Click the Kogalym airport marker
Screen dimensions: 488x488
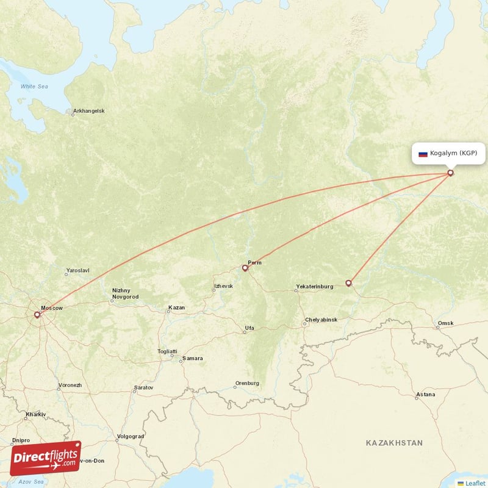pyautogui.click(x=451, y=173)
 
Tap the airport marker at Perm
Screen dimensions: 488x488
pyautogui.click(x=245, y=268)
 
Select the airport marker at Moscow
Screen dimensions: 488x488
pyautogui.click(x=37, y=315)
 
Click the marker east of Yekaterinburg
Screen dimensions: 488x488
pyautogui.click(x=348, y=283)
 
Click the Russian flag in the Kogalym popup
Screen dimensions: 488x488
pyautogui.click(x=423, y=154)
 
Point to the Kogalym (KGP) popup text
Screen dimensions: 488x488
pyautogui.click(x=453, y=153)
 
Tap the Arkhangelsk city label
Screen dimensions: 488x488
pyautogui.click(x=89, y=111)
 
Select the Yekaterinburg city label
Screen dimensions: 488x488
pyautogui.click(x=314, y=286)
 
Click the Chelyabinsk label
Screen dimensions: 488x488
pyautogui.click(x=320, y=320)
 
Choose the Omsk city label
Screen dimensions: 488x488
pyautogui.click(x=445, y=323)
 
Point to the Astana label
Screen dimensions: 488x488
pyautogui.click(x=425, y=395)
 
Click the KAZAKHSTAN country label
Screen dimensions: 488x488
pyautogui.click(x=394, y=442)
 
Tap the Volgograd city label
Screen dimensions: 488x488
pyautogui.click(x=130, y=436)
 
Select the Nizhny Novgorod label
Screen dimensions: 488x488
pyautogui.click(x=124, y=293)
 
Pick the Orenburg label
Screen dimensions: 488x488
pyautogui.click(x=247, y=384)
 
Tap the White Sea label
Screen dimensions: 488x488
pyautogui.click(x=34, y=87)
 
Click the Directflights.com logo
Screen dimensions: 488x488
pyautogui.click(x=45, y=458)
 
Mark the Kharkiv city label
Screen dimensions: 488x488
pyautogui.click(x=35, y=414)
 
